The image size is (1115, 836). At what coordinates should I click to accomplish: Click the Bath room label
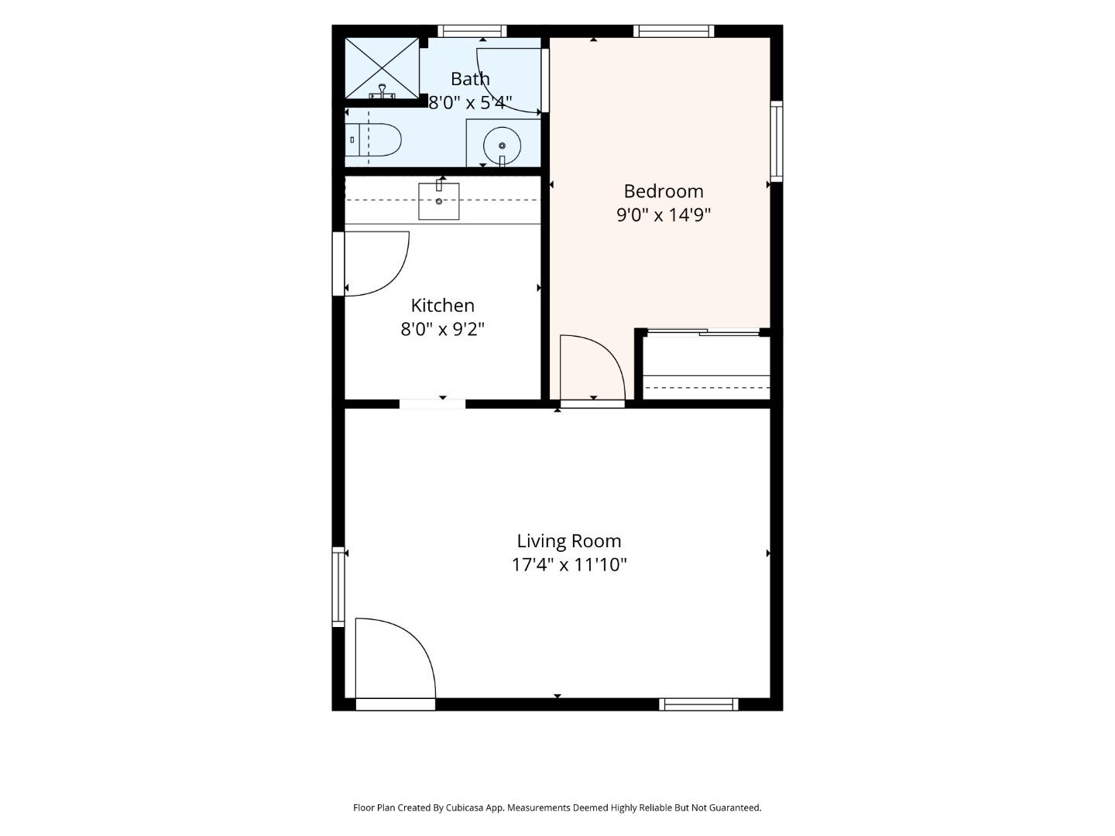pos(470,79)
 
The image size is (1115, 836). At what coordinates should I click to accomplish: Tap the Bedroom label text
pos(663,191)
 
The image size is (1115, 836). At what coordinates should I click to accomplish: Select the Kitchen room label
pos(442,306)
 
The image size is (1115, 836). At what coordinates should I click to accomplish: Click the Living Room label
pos(569,541)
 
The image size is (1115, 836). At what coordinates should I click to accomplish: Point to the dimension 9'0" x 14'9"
pos(663,215)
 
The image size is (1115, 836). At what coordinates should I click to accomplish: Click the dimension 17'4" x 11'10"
pos(569,565)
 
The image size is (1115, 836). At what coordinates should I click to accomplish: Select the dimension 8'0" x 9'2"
pos(442,330)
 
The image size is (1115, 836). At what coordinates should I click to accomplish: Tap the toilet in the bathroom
pos(373,139)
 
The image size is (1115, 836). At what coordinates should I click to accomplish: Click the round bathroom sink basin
pos(502,146)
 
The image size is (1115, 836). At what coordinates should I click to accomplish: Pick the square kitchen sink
pos(439,201)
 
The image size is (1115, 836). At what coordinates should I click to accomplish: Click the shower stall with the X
pos(382,68)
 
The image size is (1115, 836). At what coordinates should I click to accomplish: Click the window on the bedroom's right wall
pos(776,141)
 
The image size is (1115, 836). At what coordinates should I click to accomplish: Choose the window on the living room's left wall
pos(338,587)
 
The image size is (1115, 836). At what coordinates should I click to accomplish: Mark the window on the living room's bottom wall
pos(698,704)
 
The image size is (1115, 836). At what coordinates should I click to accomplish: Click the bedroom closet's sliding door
pos(704,333)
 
